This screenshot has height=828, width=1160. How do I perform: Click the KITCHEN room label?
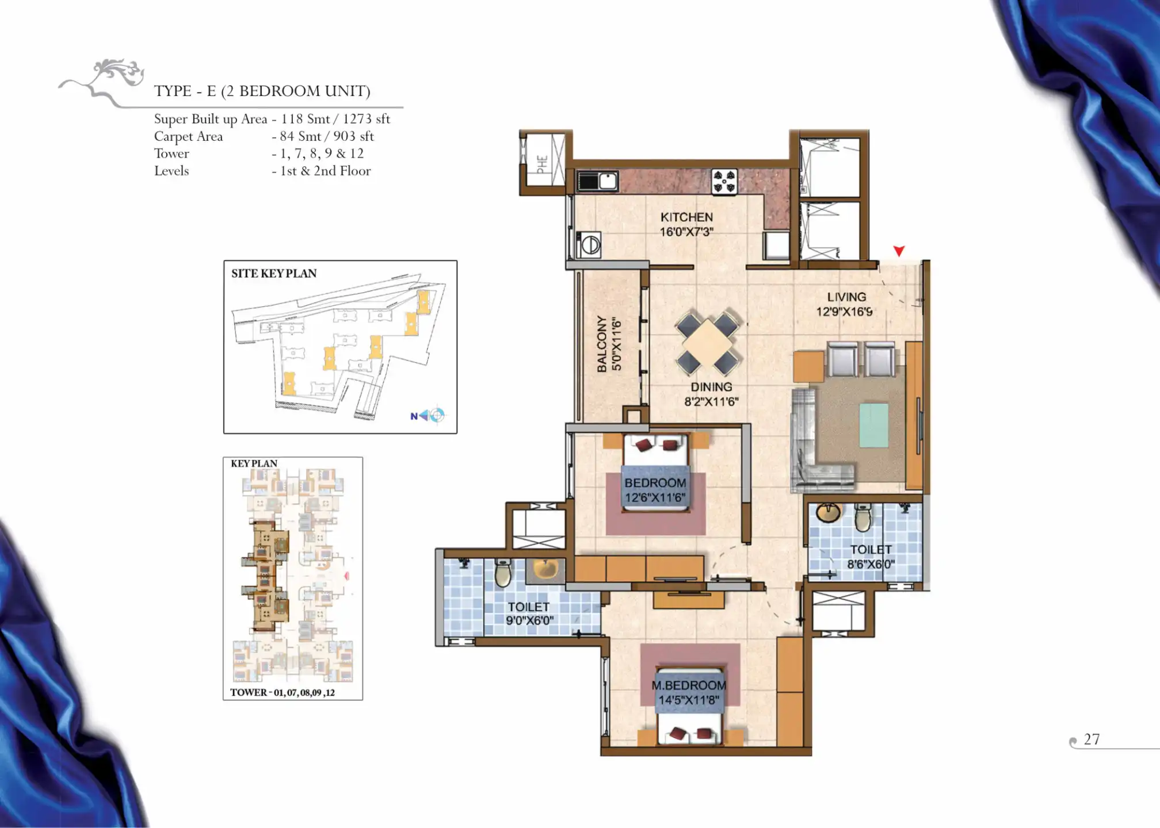tap(686, 217)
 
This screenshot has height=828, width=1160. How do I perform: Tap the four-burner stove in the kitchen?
tap(724, 181)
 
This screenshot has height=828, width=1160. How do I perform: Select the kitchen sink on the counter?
tap(598, 181)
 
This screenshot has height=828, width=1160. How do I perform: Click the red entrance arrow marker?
tap(899, 251)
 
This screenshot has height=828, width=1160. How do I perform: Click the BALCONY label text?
tap(602, 344)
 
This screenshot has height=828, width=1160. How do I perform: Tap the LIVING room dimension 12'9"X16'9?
tap(844, 312)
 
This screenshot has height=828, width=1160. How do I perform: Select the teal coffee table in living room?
tap(873, 425)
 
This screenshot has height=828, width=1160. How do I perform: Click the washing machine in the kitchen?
tap(589, 246)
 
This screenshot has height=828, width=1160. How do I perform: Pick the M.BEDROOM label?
tap(689, 685)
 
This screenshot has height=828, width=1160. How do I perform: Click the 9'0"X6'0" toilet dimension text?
tap(529, 620)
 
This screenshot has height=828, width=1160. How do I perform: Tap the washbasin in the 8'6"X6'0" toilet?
tap(828, 513)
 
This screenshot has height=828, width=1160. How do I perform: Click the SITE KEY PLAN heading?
tap(274, 274)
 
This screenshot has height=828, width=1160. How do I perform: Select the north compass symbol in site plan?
tap(429, 415)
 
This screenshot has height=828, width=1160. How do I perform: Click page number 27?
tap(1092, 739)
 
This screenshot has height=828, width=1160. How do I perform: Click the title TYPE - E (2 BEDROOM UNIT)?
tap(262, 91)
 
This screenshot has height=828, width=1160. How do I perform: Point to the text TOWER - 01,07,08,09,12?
tap(283, 692)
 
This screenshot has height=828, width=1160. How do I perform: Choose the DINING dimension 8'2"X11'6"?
tap(711, 402)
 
